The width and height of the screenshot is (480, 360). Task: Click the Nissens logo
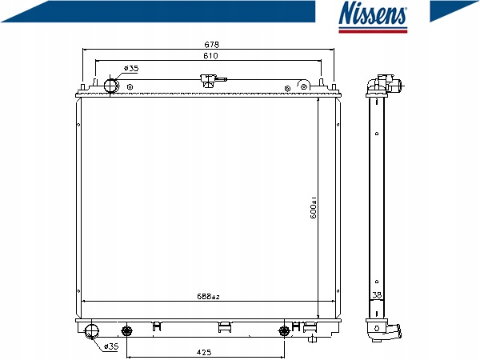(373, 17)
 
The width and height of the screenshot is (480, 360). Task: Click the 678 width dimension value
(211, 45)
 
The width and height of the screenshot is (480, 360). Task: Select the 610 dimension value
(210, 56)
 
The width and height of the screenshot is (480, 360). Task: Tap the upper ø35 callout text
(131, 68)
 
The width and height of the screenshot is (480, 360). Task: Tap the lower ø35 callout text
(111, 346)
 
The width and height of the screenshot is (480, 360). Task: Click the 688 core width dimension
(208, 296)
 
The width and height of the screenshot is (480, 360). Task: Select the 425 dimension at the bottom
(203, 352)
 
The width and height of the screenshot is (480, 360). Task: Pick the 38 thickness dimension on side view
(377, 294)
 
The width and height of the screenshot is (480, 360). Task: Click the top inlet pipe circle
(111, 86)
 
